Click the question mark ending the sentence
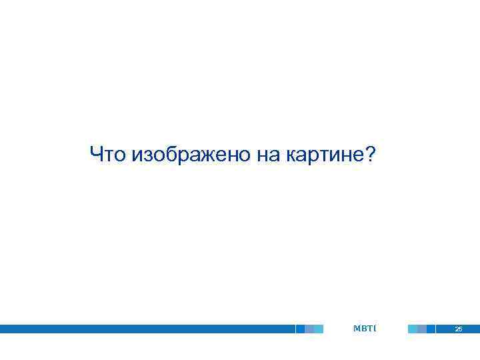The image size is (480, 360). pyautogui.click(x=371, y=155)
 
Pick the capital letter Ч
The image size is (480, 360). pyautogui.click(x=97, y=155)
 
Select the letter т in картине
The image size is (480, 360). pyautogui.click(x=322, y=156)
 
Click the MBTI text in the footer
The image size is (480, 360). pyautogui.click(x=365, y=329)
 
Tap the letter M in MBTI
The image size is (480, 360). pyautogui.click(x=357, y=329)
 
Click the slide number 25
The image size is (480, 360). pyautogui.click(x=458, y=329)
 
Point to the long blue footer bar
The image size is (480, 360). pyautogui.click(x=147, y=329)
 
